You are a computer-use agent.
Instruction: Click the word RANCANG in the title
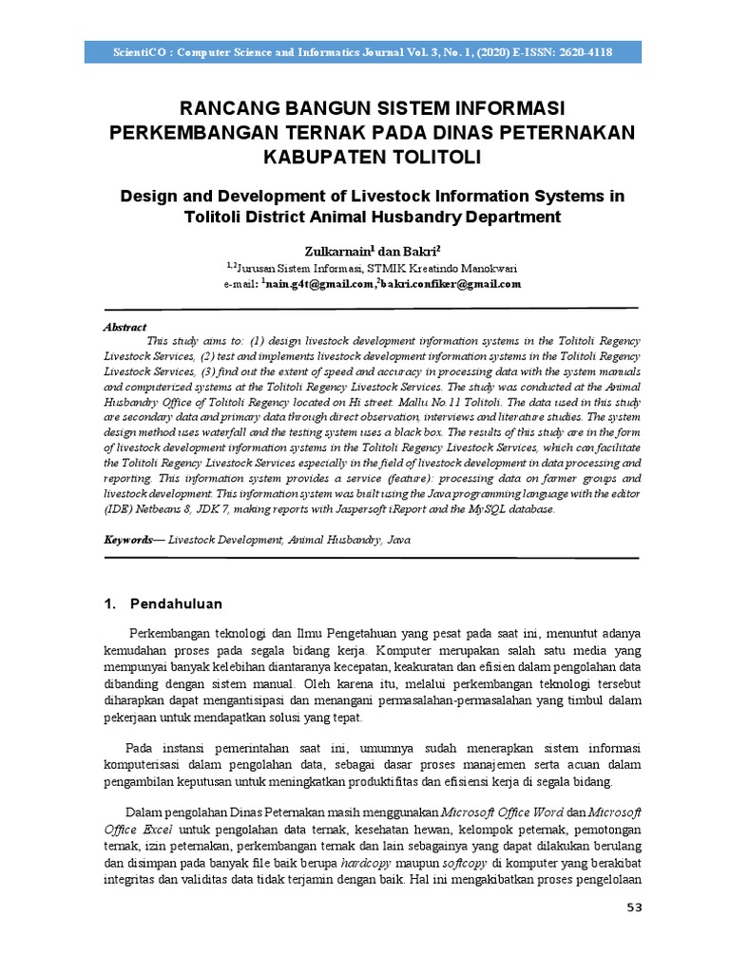tap(226, 106)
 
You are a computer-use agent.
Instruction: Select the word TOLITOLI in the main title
tap(415, 154)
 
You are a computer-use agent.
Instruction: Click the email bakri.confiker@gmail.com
tap(451, 284)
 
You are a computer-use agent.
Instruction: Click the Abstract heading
tap(125, 326)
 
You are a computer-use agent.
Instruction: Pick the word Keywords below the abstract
tap(128, 539)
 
